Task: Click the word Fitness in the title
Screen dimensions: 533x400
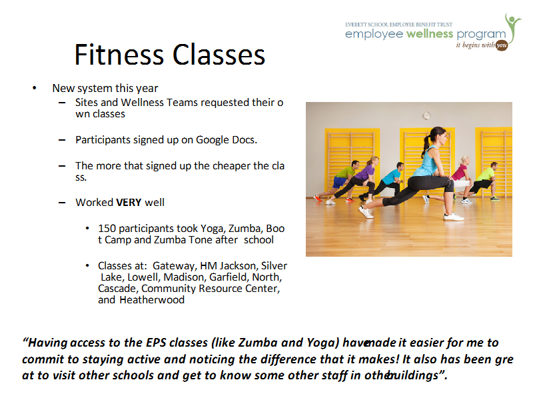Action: (x=119, y=55)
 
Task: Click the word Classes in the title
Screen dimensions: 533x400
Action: (x=219, y=55)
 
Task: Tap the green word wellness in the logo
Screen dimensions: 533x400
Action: (x=430, y=34)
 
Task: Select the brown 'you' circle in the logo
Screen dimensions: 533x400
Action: (x=502, y=45)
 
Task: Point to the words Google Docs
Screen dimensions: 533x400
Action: (x=227, y=140)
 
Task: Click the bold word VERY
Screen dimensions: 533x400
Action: (x=129, y=203)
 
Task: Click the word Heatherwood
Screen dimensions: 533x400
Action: (x=152, y=299)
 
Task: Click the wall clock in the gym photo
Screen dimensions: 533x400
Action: (x=426, y=115)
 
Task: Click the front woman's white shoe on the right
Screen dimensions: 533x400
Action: (x=454, y=216)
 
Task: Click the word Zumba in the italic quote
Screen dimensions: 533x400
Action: (x=258, y=343)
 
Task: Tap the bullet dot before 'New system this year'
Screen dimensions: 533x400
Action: (x=35, y=88)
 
